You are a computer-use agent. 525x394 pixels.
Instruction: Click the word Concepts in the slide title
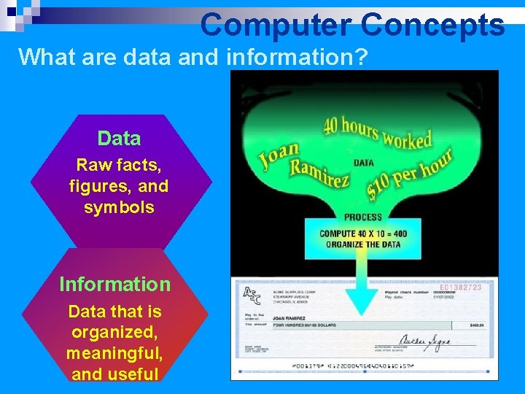click(432, 25)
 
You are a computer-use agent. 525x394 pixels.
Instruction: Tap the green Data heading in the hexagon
click(119, 138)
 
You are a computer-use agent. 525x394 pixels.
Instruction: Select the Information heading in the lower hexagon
click(114, 284)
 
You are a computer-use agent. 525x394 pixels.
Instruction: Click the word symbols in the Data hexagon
click(119, 207)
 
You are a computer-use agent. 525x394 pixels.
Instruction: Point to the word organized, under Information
click(114, 333)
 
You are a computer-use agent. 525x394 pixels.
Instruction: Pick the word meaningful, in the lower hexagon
click(114, 354)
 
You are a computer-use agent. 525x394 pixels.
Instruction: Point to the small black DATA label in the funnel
click(363, 163)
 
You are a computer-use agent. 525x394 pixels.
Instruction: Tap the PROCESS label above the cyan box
click(362, 217)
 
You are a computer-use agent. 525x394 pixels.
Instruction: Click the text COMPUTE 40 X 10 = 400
click(363, 234)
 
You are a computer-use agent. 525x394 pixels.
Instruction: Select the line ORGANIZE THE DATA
click(363, 244)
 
